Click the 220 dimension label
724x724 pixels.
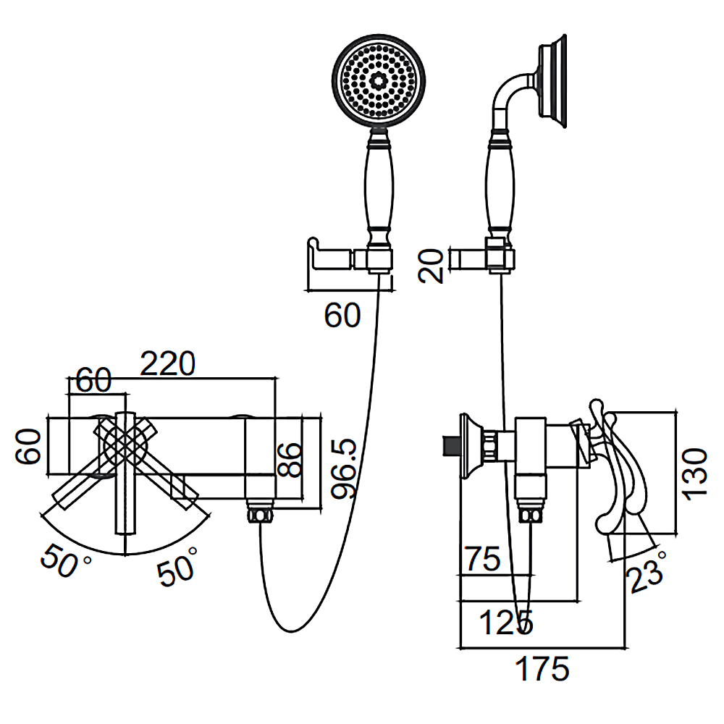(x=168, y=364)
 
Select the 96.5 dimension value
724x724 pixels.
(x=345, y=468)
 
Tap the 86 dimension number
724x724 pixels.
(x=290, y=460)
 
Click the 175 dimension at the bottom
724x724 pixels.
(x=542, y=668)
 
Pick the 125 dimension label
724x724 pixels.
(x=506, y=623)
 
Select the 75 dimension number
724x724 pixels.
(x=482, y=559)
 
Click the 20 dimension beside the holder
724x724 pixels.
(x=430, y=266)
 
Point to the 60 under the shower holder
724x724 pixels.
(x=342, y=316)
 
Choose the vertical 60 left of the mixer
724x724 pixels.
(x=28, y=446)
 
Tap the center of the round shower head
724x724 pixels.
(x=379, y=81)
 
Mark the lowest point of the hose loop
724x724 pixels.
(x=291, y=632)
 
